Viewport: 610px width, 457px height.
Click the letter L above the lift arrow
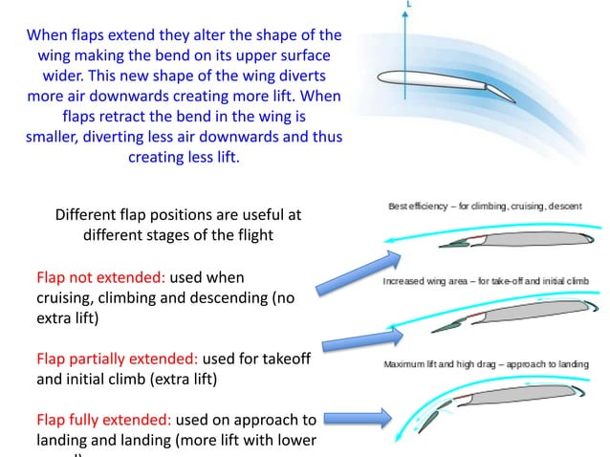tap(409, 5)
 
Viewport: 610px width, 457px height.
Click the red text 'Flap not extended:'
tap(100, 277)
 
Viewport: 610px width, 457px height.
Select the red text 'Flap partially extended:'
tap(118, 359)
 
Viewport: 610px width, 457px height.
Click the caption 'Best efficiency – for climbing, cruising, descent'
tap(485, 206)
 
